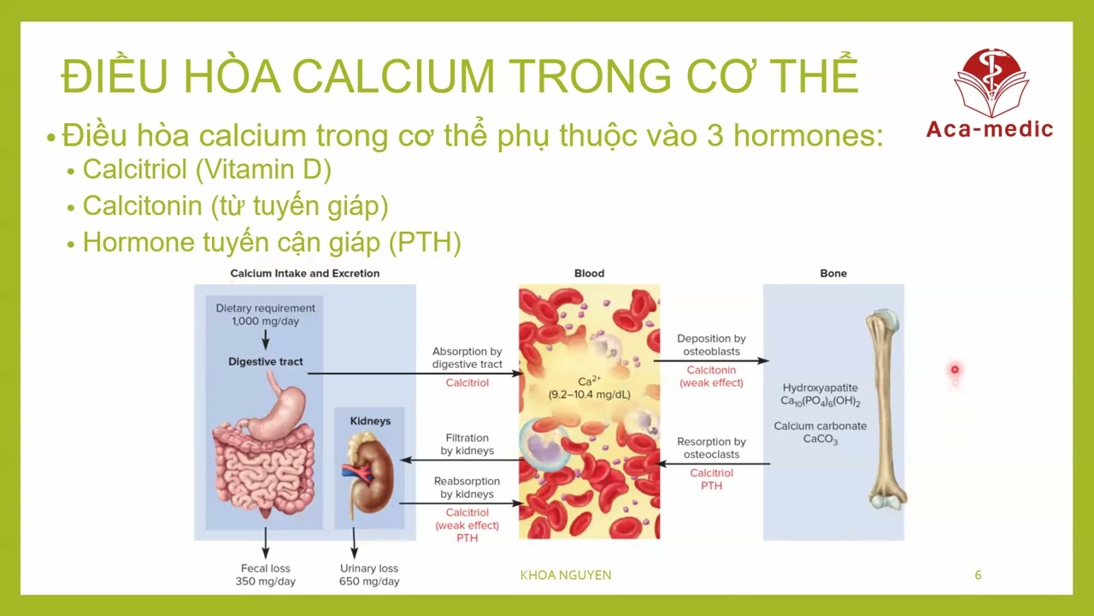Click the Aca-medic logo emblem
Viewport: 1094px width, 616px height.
pos(989,82)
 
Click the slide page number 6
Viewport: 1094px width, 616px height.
pos(978,575)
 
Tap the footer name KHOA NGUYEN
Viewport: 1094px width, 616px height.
pos(566,575)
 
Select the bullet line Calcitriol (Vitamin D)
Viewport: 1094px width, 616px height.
pos(207,169)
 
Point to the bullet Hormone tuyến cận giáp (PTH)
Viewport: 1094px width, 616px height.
pos(272,243)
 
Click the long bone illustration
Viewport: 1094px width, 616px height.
pos(884,411)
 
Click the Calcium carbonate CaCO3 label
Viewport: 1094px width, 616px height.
pos(820,433)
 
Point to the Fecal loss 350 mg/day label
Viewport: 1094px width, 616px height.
pos(266,575)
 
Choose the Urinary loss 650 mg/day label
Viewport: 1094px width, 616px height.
pos(369,575)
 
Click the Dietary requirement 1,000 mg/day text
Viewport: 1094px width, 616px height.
pos(265,314)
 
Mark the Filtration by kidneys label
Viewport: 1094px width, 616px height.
pos(467,444)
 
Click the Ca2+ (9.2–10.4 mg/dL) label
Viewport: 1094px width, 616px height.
pos(588,388)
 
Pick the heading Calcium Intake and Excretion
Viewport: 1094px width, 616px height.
pos(305,274)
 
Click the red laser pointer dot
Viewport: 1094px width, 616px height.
pos(955,370)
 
